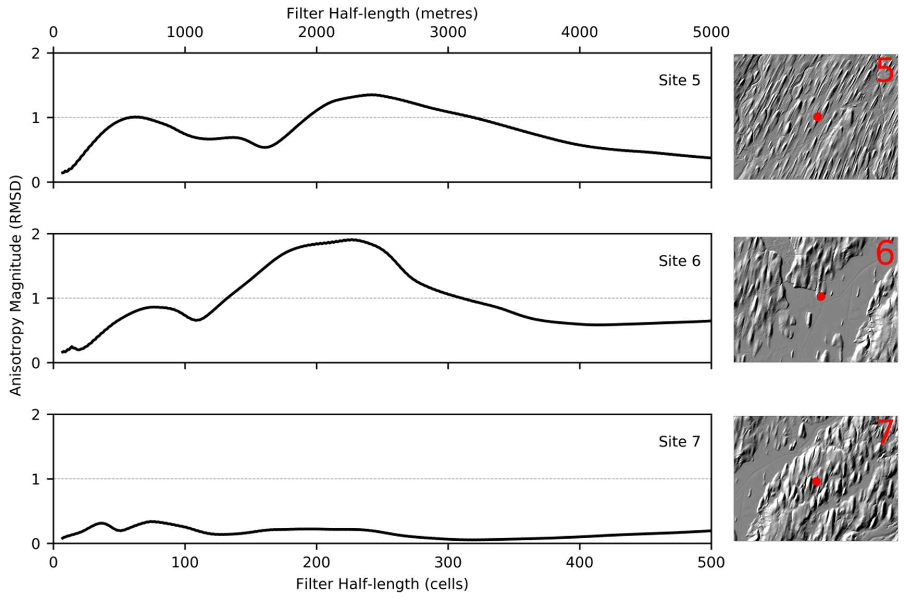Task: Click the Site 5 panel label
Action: [x=679, y=81]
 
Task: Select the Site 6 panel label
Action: [x=679, y=261]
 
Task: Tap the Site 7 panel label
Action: [x=679, y=442]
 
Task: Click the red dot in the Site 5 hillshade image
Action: [x=817, y=117]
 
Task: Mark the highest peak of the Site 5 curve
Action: [x=372, y=94]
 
